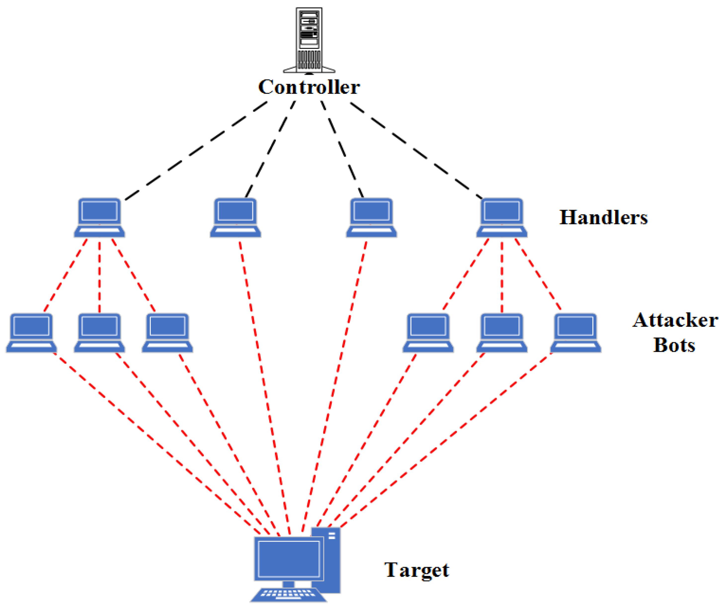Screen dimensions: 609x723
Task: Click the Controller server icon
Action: click(309, 40)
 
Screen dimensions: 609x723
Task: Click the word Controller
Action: click(309, 87)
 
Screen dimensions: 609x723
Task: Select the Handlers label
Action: click(603, 217)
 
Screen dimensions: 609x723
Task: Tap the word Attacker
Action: click(675, 320)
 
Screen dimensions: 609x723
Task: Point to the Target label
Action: click(416, 570)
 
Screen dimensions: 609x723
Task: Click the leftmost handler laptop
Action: click(99, 217)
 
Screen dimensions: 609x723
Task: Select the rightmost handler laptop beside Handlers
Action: click(502, 217)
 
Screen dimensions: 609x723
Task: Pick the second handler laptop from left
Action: click(236, 217)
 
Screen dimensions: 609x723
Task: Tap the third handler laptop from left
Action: click(371, 217)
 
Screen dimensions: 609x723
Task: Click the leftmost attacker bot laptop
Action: click(31, 333)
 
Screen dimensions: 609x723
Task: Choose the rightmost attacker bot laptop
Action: click(576, 333)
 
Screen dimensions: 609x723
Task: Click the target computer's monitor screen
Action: click(289, 559)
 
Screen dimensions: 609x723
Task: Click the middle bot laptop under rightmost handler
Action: click(502, 333)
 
